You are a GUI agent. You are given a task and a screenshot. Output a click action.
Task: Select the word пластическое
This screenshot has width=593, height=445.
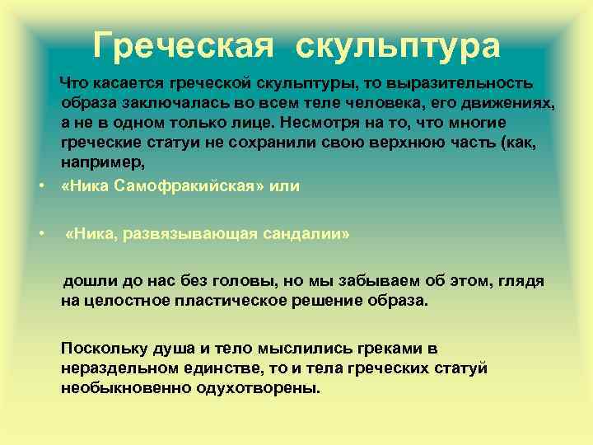tap(228, 301)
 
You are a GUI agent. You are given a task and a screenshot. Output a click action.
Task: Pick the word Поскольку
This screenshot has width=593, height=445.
tap(103, 349)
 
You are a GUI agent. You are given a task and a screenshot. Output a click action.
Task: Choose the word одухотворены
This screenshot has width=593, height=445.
tap(263, 388)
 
